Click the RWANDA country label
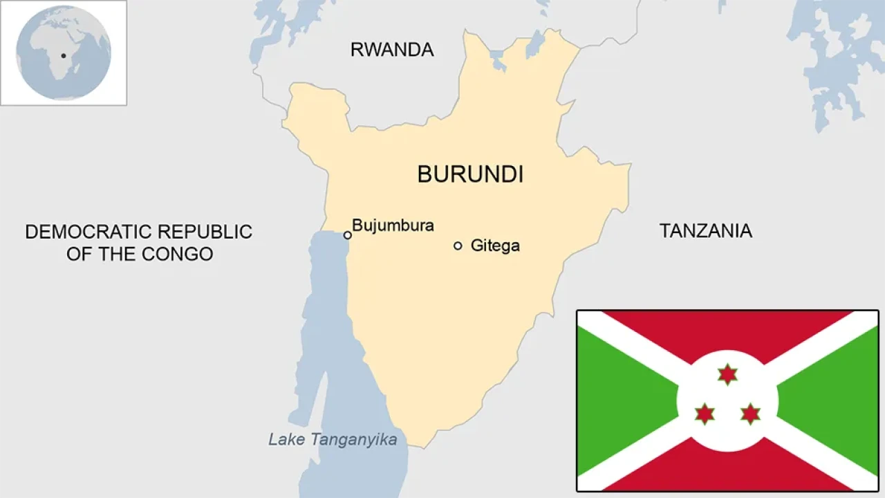click(x=392, y=50)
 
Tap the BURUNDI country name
click(x=470, y=174)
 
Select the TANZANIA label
click(x=705, y=231)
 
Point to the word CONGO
click(x=178, y=254)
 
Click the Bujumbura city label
click(x=393, y=225)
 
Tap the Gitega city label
click(x=495, y=246)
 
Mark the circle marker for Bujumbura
click(x=348, y=235)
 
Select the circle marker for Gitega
click(x=458, y=246)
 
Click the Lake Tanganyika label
click(x=333, y=439)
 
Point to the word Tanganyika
click(x=354, y=439)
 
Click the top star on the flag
click(x=727, y=374)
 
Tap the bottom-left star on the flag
click(x=705, y=414)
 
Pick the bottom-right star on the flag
click(x=750, y=414)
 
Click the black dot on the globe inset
click(x=64, y=55)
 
